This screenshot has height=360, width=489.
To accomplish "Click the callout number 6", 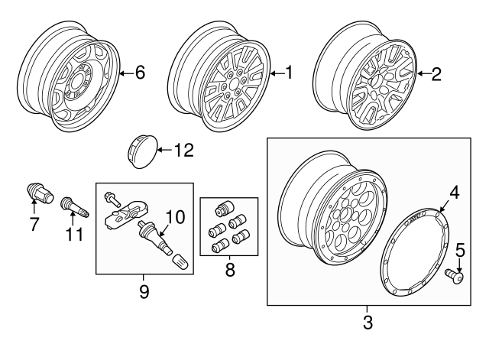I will point(139,73).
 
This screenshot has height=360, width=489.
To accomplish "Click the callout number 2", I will point(436,73).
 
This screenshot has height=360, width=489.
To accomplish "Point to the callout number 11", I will point(73,234).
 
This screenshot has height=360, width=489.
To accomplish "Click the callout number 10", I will point(175,217).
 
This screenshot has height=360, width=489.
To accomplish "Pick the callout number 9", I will point(144,290).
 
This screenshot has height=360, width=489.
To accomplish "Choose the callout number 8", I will point(229,270).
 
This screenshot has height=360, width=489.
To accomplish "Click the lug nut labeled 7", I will point(36,192).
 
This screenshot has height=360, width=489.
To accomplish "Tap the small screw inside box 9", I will point(112,196).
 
